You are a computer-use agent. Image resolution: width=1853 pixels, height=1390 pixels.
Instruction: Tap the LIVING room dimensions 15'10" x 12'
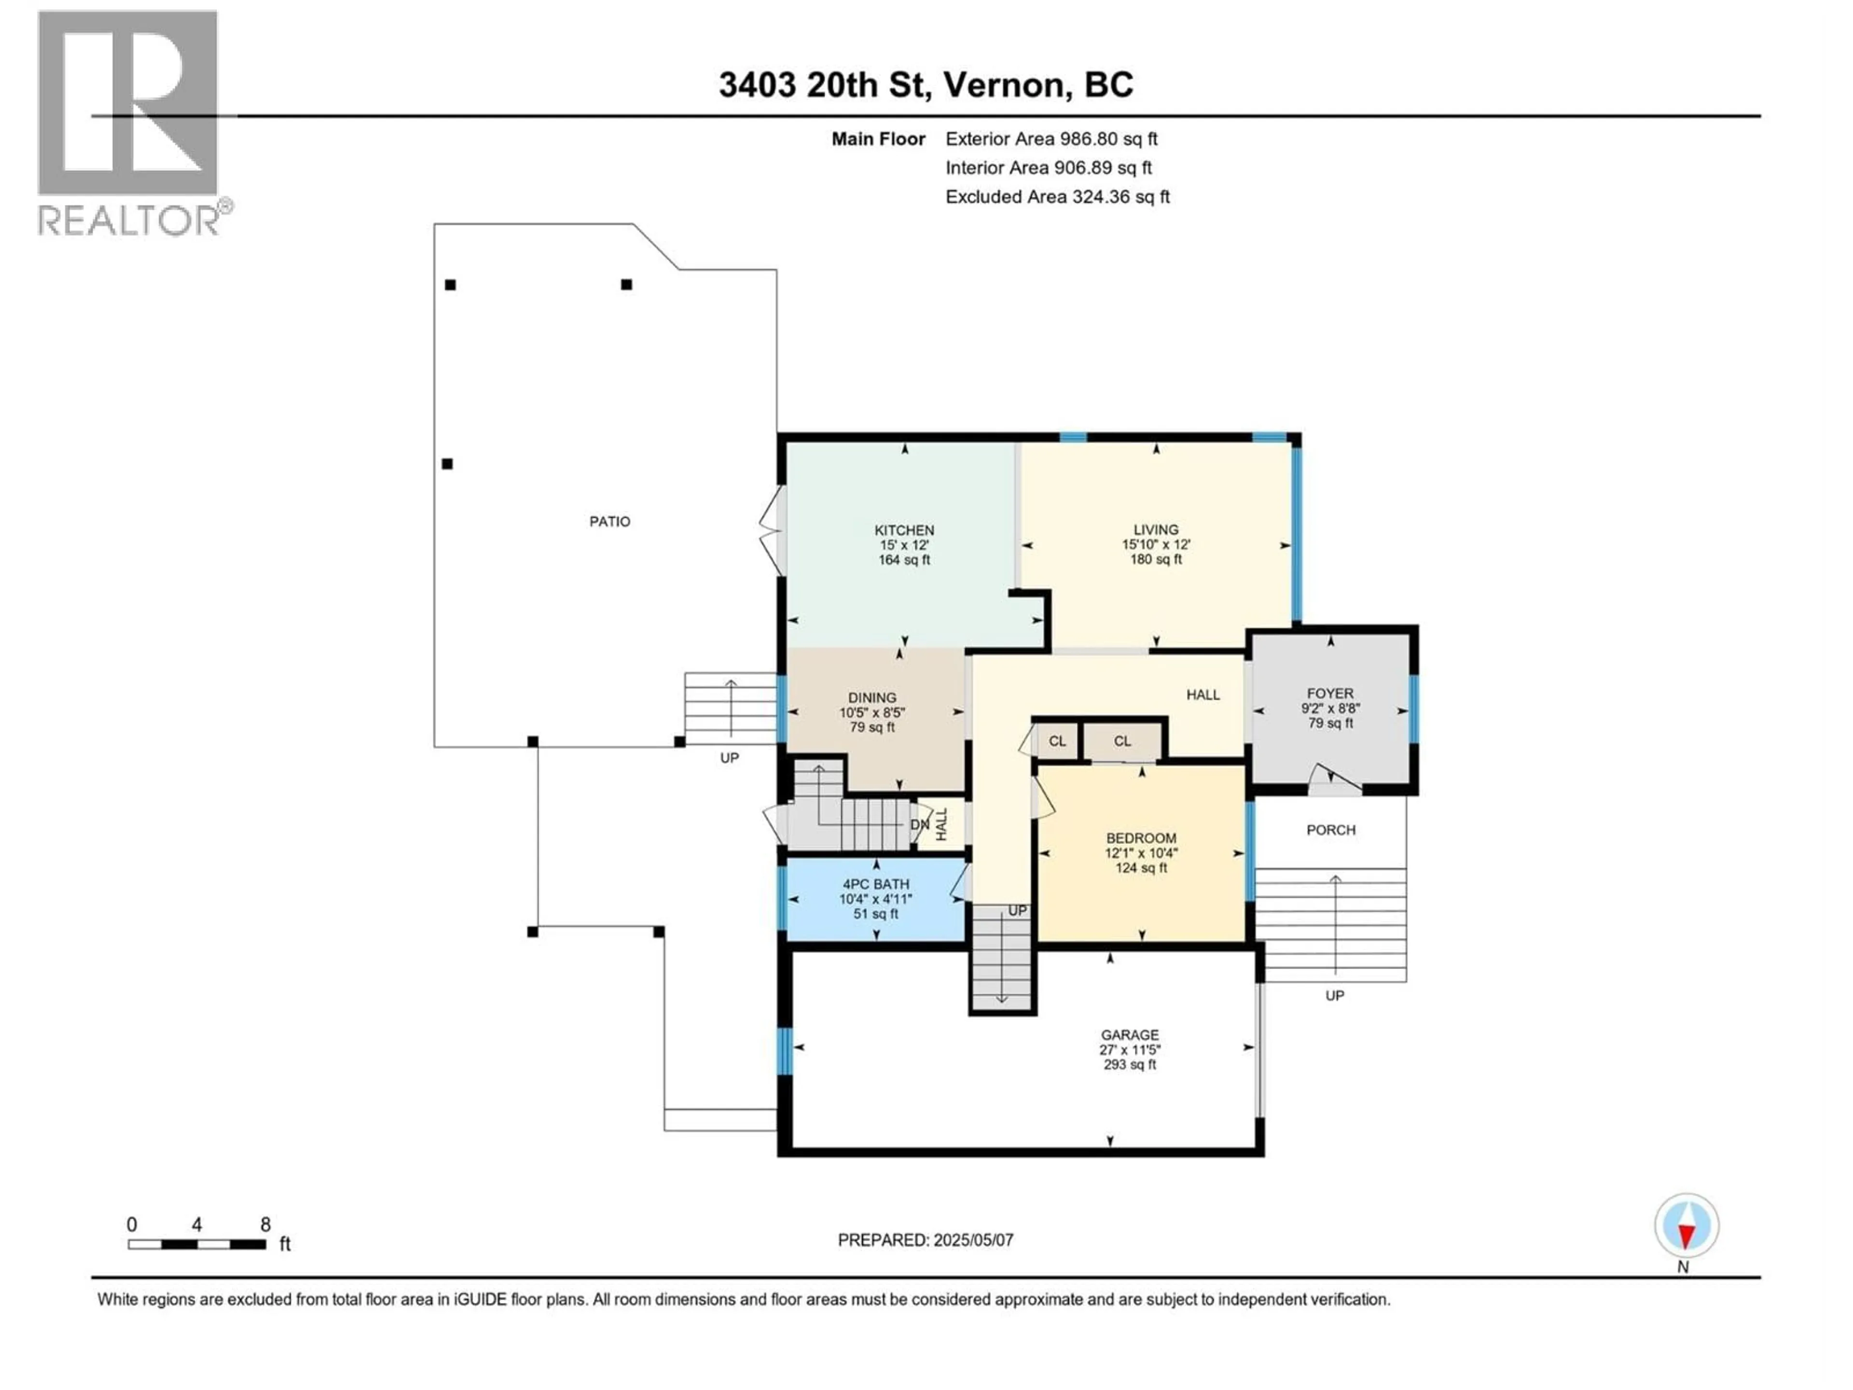click(x=1156, y=544)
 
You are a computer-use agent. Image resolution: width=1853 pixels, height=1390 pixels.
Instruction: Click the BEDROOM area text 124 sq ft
click(x=1141, y=868)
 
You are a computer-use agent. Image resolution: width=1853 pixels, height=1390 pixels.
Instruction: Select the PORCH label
click(x=1331, y=830)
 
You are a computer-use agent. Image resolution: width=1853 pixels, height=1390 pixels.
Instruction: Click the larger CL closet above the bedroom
click(x=1122, y=741)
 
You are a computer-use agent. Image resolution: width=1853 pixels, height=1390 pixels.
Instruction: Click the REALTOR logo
click(x=130, y=122)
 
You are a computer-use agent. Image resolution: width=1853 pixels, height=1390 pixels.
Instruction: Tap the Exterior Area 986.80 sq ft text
click(x=1051, y=139)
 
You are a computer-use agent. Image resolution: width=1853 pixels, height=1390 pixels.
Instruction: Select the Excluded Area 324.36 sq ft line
click(x=1057, y=197)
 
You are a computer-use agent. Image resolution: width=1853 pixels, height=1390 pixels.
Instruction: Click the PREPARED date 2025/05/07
click(x=926, y=1240)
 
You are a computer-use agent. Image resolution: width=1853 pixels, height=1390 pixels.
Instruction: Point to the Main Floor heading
click(x=878, y=139)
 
